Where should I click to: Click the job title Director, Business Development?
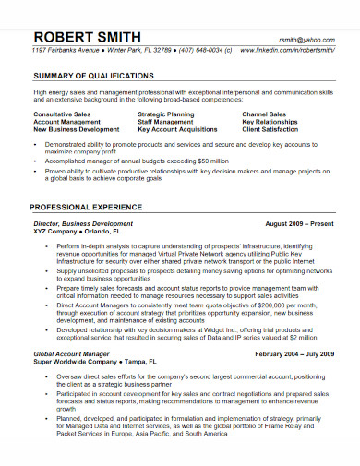tap(83, 223)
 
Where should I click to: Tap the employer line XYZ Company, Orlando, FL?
tap(77, 232)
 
